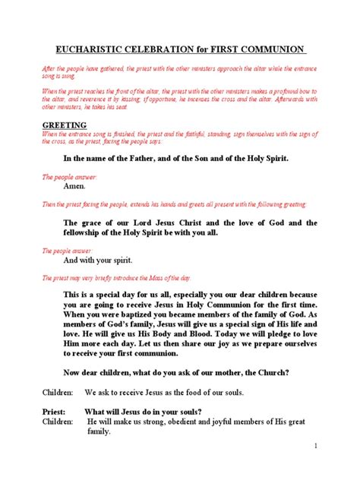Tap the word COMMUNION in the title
coord(276,49)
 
